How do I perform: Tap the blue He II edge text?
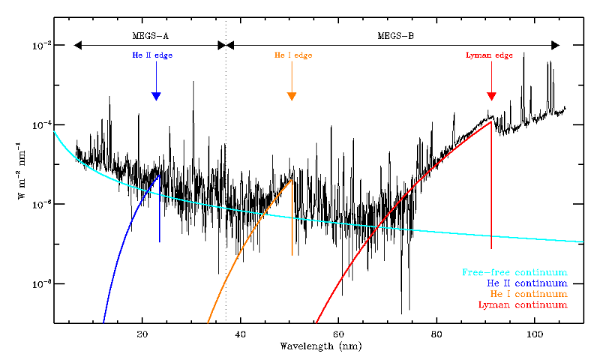[x=155, y=55]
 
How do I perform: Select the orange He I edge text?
[x=292, y=55]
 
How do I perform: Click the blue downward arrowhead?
[x=156, y=96]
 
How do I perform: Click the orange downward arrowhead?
[x=292, y=96]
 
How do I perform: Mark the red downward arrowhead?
[x=491, y=96]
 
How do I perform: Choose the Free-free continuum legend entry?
[x=514, y=271]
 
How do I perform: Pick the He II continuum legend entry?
[x=526, y=283]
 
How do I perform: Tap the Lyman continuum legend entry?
[x=522, y=305]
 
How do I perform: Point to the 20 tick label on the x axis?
[x=142, y=334]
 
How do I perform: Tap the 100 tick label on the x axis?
[x=534, y=334]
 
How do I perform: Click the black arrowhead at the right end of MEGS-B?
[x=555, y=45]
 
